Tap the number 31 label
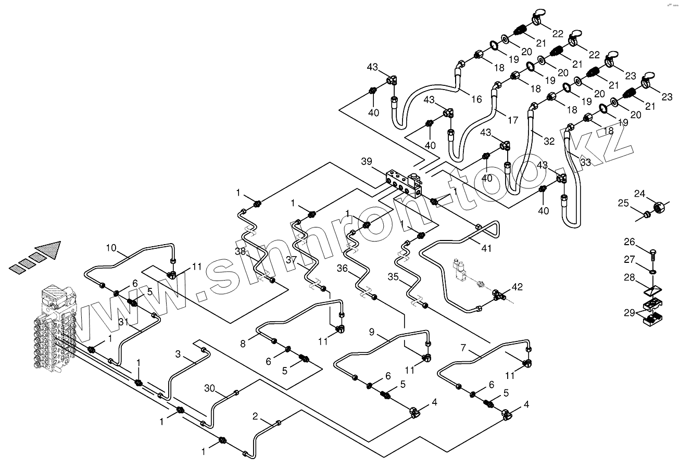tap(123, 322)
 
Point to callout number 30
tap(209, 388)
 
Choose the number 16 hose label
tap(477, 98)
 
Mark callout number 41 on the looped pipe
tap(486, 249)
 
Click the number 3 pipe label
tap(178, 354)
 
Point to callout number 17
tap(513, 120)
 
